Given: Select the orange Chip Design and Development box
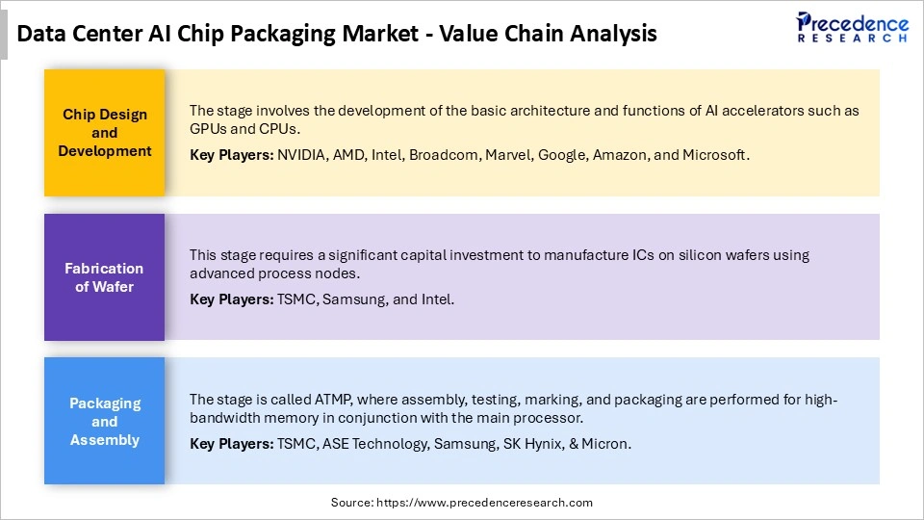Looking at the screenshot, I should pyautogui.click(x=105, y=133).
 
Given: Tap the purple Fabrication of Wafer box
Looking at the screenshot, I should pyautogui.click(x=105, y=277).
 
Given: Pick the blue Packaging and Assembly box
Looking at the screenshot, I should pyautogui.click(x=105, y=422).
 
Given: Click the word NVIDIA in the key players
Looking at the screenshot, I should pyautogui.click(x=301, y=155).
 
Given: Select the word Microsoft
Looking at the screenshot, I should pyautogui.click(x=715, y=155).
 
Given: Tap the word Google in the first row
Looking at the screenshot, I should pyautogui.click(x=561, y=155).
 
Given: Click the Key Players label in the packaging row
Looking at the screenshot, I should pyautogui.click(x=231, y=444).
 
